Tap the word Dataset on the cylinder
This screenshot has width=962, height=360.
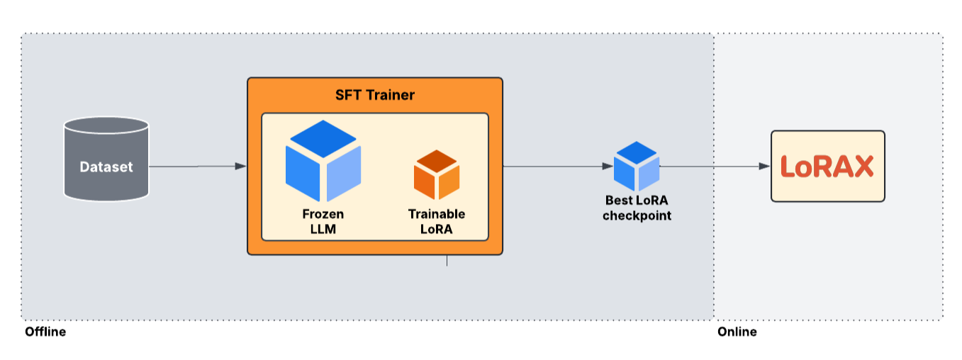tap(106, 167)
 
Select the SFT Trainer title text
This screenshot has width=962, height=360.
tap(374, 94)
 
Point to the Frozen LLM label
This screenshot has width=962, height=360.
tap(323, 221)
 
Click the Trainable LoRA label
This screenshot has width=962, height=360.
tap(437, 221)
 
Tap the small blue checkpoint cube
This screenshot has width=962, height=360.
tap(637, 166)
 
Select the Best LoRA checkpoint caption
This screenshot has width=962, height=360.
tap(637, 208)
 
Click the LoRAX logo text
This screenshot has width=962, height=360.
tap(827, 167)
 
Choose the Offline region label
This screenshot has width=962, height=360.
tap(45, 332)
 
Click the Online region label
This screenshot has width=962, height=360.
tap(737, 332)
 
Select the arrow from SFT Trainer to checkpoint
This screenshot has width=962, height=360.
tap(557, 167)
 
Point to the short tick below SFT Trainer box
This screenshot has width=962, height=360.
tap(447, 261)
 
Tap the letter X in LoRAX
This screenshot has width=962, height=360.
tap(862, 167)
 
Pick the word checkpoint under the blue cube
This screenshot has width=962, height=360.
tap(637, 215)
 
